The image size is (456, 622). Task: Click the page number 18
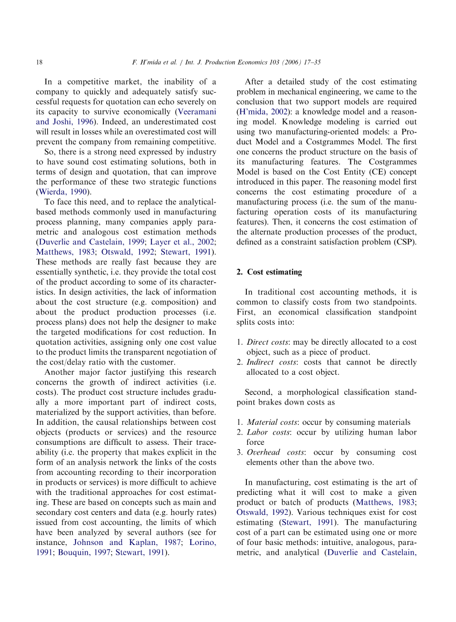click(39, 62)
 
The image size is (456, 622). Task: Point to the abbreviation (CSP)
click(405, 242)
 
